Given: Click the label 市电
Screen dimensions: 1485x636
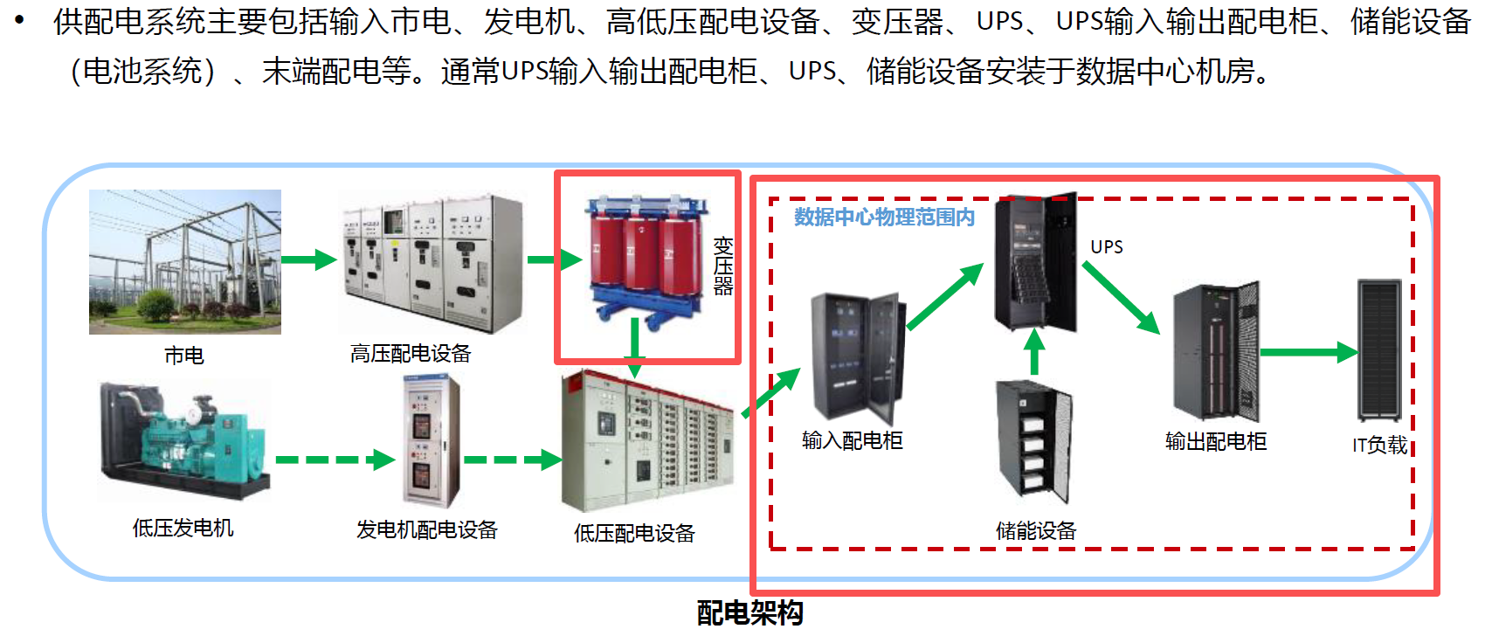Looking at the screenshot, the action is [x=184, y=356].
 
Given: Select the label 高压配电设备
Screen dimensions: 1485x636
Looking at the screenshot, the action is [x=411, y=354].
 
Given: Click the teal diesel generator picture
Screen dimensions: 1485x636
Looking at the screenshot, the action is [x=185, y=440].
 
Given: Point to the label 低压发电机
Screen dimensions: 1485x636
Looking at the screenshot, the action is [x=183, y=528].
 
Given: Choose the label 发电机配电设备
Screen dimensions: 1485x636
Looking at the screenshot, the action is [x=427, y=530].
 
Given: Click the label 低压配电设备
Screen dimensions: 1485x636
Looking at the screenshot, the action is [x=634, y=533].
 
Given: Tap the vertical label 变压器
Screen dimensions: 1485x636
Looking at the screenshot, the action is [x=722, y=266].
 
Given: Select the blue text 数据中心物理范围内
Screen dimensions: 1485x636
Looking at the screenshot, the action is [x=884, y=217].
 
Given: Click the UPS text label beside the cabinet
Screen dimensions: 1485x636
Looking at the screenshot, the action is [x=1107, y=246].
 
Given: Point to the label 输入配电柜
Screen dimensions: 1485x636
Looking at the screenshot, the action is [x=853, y=440].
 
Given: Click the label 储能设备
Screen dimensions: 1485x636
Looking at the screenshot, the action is [x=1036, y=530].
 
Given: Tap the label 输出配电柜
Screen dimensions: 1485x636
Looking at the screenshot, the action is [x=1216, y=441].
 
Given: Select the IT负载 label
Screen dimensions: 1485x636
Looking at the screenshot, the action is [x=1379, y=445].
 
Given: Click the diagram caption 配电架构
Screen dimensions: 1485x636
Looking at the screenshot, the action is [x=749, y=612].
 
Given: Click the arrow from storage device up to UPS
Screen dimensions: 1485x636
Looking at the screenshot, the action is [x=1034, y=352].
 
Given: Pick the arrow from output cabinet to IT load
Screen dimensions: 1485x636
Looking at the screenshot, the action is [x=1309, y=352].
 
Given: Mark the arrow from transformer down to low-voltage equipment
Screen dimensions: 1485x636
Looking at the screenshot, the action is [x=634, y=349].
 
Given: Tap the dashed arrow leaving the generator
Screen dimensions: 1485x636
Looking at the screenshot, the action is [x=335, y=460].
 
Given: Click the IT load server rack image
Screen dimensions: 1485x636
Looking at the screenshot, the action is [x=1379, y=350].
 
